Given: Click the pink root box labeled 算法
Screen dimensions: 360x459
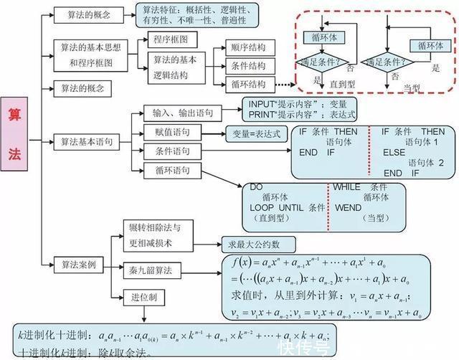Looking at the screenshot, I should tap(15, 134).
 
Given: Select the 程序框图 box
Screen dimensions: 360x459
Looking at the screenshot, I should tap(170, 39).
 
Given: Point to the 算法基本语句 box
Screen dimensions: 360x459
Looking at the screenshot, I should tap(86, 142).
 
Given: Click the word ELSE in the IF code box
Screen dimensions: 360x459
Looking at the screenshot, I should tap(394, 153).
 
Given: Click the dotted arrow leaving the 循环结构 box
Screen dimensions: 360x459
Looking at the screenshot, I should tap(285, 85).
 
